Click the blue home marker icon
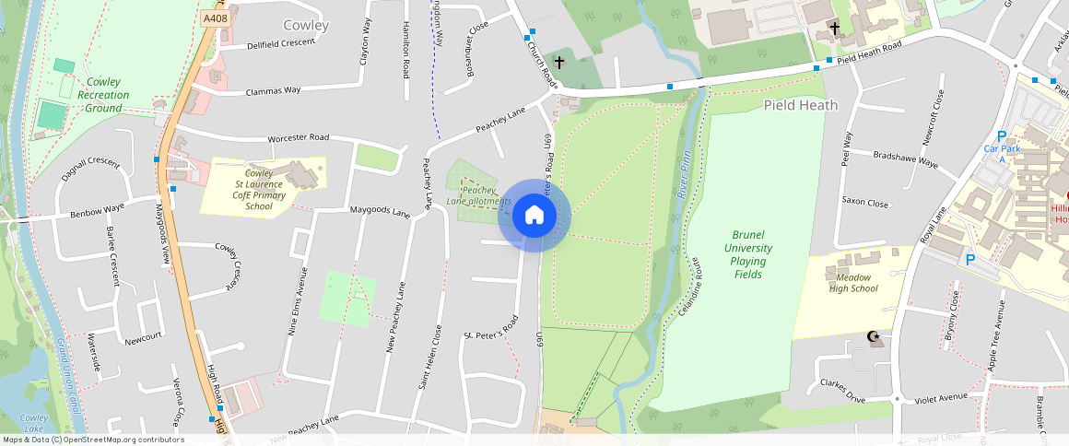tap(534, 216)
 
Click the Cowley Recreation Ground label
tap(103, 95)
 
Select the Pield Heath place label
tap(801, 105)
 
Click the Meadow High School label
tap(852, 282)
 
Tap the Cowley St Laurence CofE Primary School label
tap(259, 189)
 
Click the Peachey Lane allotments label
tap(478, 195)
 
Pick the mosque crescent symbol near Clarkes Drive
tap(873, 337)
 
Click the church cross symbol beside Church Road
tap(559, 63)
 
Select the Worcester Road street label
tap(298, 138)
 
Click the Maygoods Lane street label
tap(380, 211)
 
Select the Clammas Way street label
tap(273, 90)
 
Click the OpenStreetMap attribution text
tap(94, 440)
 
